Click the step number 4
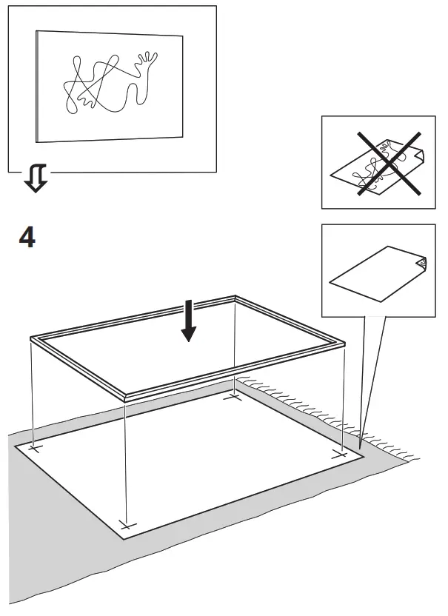tap(26, 238)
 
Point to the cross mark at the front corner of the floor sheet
tap(127, 525)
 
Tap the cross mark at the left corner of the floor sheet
tap(33, 448)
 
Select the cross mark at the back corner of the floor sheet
tap(234, 397)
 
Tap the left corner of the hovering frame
tap(32, 339)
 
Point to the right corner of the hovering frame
tap(344, 342)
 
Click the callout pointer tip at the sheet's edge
tap(361, 447)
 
